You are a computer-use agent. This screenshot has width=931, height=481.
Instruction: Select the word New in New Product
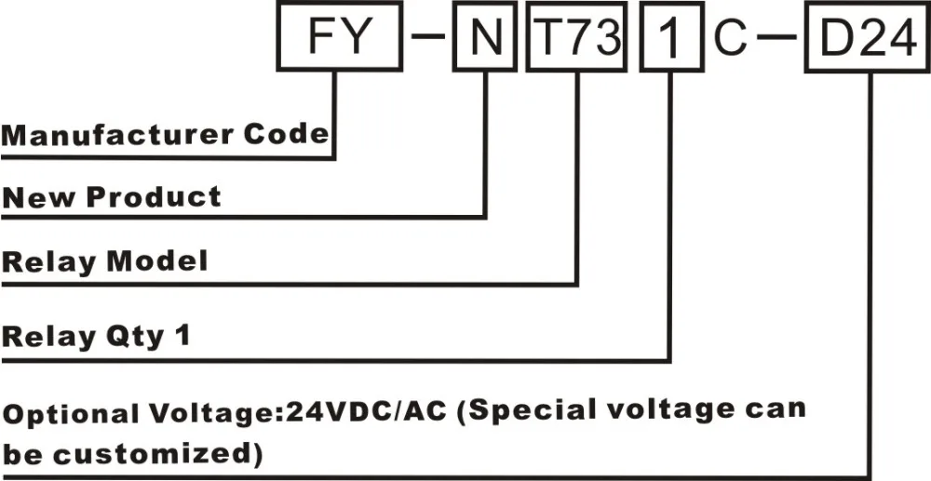40,197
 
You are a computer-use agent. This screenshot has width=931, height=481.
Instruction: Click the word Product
155,198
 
